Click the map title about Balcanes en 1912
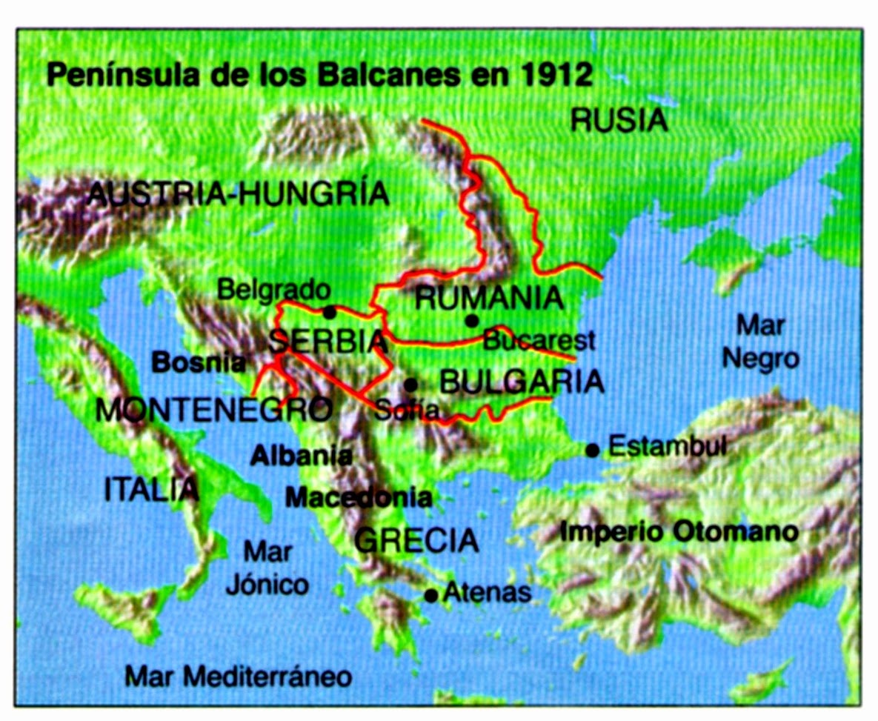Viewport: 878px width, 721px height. pos(319,75)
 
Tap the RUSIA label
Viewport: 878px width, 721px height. pos(619,120)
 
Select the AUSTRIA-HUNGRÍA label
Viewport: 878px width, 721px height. pos(239,194)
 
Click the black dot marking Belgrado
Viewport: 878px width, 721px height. pos(330,312)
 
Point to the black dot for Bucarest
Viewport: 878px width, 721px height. pos(471,320)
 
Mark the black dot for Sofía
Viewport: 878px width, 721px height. pos(410,385)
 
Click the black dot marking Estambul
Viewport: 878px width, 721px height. pos(592,450)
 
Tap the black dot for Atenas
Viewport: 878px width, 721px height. pos(431,594)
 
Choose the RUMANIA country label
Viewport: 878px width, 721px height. pos(488,298)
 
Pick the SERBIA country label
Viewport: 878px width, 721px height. pos(328,342)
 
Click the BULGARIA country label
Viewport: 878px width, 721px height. pos(522,382)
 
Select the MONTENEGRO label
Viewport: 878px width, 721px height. pos(213,410)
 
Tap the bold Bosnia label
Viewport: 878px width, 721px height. pos(198,363)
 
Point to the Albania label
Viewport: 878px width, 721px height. pos(302,456)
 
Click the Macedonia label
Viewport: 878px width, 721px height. pos(359,496)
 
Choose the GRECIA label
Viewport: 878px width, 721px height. pos(416,540)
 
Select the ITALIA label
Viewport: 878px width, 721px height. pos(151,490)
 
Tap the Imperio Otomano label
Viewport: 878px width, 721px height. pos(679,531)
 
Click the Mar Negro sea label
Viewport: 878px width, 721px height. pos(761,342)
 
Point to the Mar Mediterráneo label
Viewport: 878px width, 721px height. pos(238,676)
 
